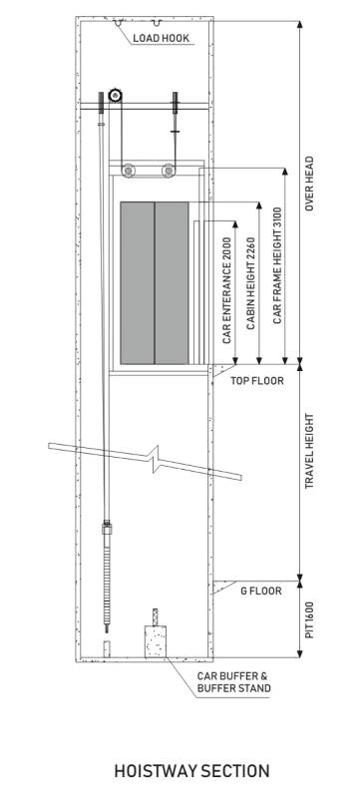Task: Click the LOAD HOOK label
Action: click(x=161, y=38)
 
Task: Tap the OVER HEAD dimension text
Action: click(x=309, y=184)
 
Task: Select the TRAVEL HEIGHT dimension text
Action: click(x=309, y=451)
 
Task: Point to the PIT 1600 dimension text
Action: click(x=309, y=619)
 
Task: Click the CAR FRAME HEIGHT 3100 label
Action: click(x=277, y=265)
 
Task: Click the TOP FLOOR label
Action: click(x=257, y=381)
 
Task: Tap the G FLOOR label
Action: click(x=261, y=591)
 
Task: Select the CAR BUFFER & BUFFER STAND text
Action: click(x=233, y=681)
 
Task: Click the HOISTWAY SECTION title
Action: click(x=191, y=771)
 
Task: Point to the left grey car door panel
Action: click(x=137, y=282)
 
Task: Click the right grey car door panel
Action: click(x=172, y=282)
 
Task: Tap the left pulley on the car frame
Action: click(x=129, y=171)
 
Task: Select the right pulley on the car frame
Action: click(x=169, y=171)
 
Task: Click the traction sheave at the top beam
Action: click(x=116, y=96)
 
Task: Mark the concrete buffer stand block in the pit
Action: click(x=156, y=641)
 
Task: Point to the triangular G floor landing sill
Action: click(x=222, y=588)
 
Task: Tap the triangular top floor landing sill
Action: click(x=219, y=370)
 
